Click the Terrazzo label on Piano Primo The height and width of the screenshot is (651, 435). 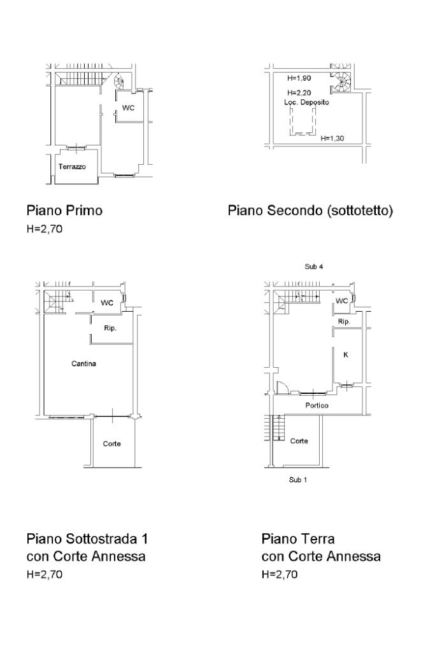pyautogui.click(x=73, y=167)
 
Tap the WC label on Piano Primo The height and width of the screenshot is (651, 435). pyautogui.click(x=129, y=108)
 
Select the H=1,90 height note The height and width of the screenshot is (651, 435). pyautogui.click(x=299, y=78)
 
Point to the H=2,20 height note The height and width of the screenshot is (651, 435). pyautogui.click(x=299, y=92)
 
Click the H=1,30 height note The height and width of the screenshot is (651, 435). pyautogui.click(x=332, y=138)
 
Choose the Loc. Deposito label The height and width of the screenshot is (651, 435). pyautogui.click(x=306, y=102)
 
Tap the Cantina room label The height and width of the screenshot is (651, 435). pyautogui.click(x=83, y=364)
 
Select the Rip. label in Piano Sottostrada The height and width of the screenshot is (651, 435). pyautogui.click(x=110, y=328)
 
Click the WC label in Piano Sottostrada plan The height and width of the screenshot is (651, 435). pyautogui.click(x=107, y=303)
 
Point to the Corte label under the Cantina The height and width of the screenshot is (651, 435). pyautogui.click(x=111, y=444)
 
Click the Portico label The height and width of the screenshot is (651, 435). pyautogui.click(x=317, y=405)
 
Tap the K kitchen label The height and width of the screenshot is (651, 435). pyautogui.click(x=346, y=355)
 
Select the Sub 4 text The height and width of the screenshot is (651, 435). pyautogui.click(x=314, y=267)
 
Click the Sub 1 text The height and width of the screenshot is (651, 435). pyautogui.click(x=298, y=480)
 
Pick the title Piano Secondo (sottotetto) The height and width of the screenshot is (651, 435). pyautogui.click(x=310, y=211)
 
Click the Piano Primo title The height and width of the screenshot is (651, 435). pyautogui.click(x=64, y=210)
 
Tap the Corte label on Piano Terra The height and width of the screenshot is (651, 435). pyautogui.click(x=299, y=441)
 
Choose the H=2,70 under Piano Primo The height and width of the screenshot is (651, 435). pyautogui.click(x=45, y=228)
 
